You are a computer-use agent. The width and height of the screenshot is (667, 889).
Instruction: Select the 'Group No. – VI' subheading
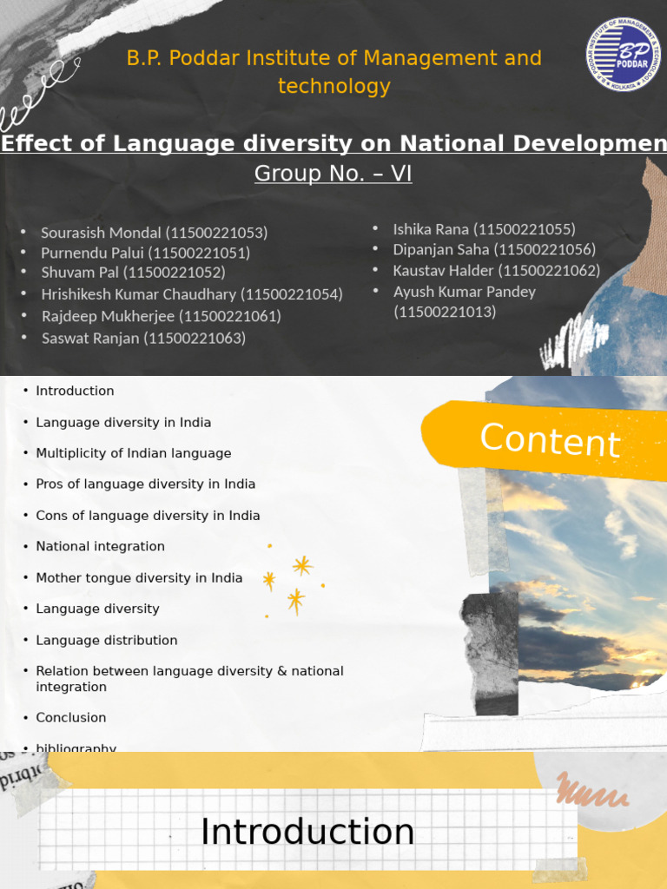(333, 174)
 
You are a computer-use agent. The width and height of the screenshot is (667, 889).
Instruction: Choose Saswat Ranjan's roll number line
(143, 338)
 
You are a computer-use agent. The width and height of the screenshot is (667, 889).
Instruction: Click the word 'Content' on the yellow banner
(550, 440)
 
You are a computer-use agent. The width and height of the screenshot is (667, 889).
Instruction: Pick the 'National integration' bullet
(100, 546)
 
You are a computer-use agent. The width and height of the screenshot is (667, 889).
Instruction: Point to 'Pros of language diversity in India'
(145, 484)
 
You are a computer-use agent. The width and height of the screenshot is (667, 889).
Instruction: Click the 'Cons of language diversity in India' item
(148, 515)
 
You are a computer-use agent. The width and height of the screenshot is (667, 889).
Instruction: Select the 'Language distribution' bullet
(106, 640)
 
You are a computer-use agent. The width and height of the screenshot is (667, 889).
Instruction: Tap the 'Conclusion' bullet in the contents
(70, 717)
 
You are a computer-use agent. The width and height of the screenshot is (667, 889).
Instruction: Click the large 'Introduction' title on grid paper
(307, 832)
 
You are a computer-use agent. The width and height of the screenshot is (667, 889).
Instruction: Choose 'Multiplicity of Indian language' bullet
(133, 453)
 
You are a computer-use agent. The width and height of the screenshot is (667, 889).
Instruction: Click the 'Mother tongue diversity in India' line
(139, 577)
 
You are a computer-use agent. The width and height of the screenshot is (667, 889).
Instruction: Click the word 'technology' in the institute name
(333, 86)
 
